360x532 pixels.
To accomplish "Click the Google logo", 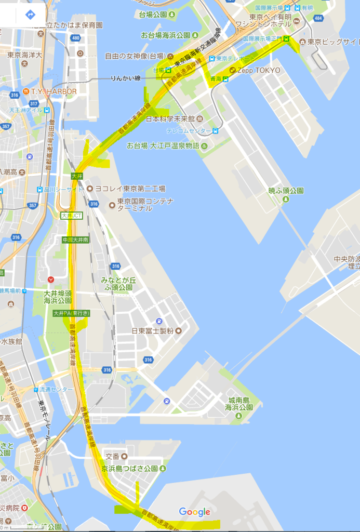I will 195,512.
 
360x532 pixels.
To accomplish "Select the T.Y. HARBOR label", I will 54,91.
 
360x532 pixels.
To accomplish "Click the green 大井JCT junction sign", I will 72,215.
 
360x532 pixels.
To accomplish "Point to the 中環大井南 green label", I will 75,240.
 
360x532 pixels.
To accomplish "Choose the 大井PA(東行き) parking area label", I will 72,313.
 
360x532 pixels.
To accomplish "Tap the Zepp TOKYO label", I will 259,70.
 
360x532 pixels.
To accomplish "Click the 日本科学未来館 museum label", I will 170,119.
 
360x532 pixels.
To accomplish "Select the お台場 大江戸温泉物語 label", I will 163,145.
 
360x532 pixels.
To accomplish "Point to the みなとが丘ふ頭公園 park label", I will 118,283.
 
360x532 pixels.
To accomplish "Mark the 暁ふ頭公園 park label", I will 286,191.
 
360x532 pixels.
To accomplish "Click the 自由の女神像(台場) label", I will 135,56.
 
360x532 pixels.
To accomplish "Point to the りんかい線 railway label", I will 125,78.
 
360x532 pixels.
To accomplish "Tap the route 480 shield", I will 76,38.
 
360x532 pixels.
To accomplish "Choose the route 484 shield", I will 318,18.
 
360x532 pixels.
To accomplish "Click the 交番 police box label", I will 113,456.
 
